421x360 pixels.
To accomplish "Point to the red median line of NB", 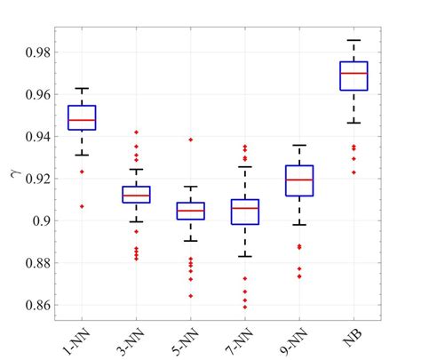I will tap(353, 73).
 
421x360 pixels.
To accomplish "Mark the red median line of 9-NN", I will tap(299, 180).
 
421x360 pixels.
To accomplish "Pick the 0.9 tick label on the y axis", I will tap(40, 220).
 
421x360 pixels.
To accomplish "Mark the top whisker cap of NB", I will tap(353, 40).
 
